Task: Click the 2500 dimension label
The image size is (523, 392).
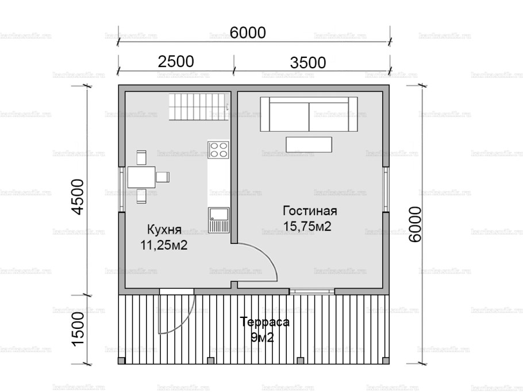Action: [x=175, y=61]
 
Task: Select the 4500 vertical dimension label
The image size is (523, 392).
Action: [x=78, y=196]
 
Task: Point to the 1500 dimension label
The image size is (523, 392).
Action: [x=78, y=327]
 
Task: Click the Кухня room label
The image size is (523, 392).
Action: [x=164, y=230]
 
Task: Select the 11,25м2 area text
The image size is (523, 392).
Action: [x=164, y=245]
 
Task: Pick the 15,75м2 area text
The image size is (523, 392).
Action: [x=307, y=226]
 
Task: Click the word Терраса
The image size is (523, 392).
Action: [x=264, y=322]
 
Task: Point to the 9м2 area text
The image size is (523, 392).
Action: [x=262, y=338]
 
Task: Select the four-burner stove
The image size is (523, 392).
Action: [x=218, y=150]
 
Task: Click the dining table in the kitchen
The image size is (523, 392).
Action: [x=141, y=177]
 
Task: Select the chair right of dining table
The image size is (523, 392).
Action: [x=163, y=177]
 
